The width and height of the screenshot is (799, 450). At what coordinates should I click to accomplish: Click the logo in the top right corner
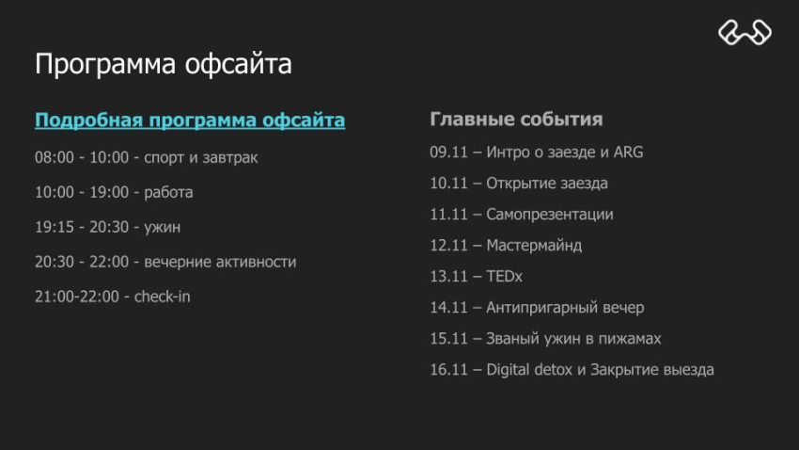tap(744, 33)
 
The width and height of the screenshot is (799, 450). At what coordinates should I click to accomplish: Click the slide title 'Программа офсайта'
tap(163, 64)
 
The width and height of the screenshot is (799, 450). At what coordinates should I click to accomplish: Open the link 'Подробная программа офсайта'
tap(190, 121)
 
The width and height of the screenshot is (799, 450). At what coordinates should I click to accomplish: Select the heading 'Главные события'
tap(516, 120)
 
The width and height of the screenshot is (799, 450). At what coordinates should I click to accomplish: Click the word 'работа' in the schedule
tap(168, 192)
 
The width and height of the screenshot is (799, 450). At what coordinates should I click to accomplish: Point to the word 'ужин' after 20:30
tap(163, 227)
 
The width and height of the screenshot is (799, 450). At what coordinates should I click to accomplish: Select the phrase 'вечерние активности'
tap(220, 262)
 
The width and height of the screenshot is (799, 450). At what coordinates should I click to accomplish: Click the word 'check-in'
tap(162, 297)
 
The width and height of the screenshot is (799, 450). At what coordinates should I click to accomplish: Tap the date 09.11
tap(448, 152)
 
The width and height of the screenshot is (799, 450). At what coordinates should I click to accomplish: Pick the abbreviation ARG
tap(628, 152)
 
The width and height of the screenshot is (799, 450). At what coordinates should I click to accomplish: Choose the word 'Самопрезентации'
tap(549, 214)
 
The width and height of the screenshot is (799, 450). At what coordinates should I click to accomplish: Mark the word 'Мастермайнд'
tap(534, 245)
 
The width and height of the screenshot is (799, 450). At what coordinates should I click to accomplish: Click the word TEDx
tap(504, 276)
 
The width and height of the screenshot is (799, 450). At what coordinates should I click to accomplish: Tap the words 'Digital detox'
tap(529, 369)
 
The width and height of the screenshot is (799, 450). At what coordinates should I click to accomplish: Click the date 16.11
tap(448, 369)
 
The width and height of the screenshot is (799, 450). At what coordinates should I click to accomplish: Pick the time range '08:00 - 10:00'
tap(81, 157)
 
